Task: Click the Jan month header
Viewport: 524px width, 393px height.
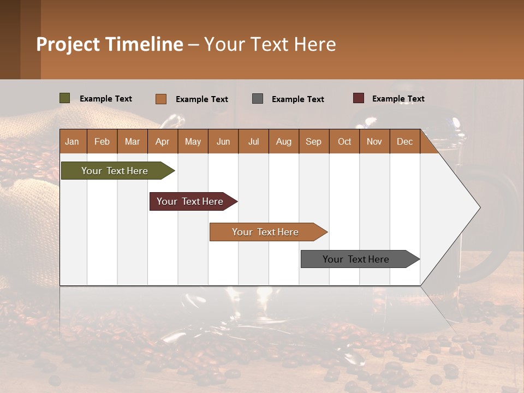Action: point(72,141)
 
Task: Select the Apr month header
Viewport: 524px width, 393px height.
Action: point(162,141)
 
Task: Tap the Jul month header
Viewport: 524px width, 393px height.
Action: point(253,141)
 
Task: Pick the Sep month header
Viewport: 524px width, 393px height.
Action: point(313,141)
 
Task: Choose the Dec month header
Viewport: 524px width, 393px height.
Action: point(404,141)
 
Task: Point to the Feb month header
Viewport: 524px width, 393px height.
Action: point(102,141)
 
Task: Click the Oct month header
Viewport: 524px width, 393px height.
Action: point(344,141)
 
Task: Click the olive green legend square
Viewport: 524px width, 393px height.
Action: point(65,98)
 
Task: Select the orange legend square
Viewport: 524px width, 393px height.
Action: point(161,99)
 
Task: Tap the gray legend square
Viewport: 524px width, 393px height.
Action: point(258,99)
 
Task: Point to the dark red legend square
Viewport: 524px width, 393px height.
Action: point(359,98)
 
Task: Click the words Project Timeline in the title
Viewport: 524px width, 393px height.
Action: point(110,44)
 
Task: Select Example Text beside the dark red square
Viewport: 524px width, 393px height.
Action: point(398,99)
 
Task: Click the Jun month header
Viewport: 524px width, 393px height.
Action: point(223,141)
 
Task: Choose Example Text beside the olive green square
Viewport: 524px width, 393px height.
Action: point(106,99)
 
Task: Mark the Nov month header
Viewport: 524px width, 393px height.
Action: point(374,141)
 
